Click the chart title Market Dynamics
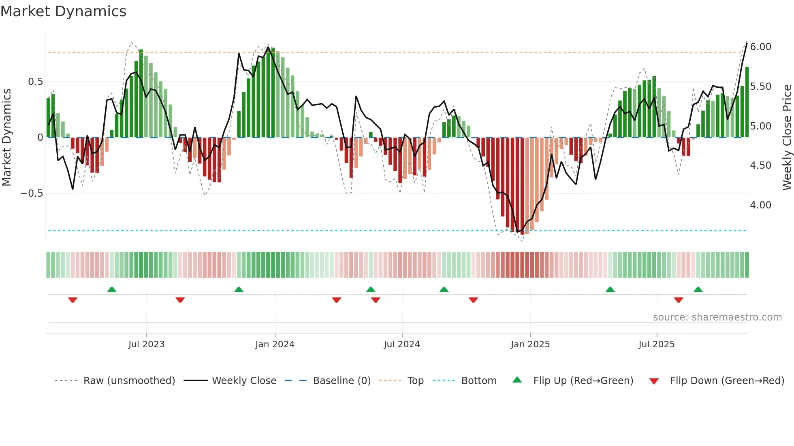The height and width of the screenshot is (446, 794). [x=63, y=11]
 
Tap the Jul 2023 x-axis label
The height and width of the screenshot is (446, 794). [x=146, y=344]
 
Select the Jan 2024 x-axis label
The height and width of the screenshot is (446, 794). [x=275, y=344]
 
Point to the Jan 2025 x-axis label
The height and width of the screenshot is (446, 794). [x=530, y=344]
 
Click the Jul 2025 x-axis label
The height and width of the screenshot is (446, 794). [x=656, y=344]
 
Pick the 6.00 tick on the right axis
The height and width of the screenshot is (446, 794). [x=760, y=47]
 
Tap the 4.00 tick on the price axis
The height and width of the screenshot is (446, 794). [x=760, y=205]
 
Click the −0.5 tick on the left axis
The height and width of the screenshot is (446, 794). [x=32, y=193]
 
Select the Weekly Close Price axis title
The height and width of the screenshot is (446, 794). [x=787, y=138]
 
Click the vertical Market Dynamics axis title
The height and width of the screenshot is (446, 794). [x=6, y=138]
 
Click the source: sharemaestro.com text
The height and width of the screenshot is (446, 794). [x=717, y=317]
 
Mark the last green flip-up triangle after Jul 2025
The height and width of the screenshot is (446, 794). [x=698, y=290]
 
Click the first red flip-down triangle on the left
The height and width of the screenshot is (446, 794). [x=73, y=300]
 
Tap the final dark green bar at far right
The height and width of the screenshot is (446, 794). [x=747, y=102]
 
